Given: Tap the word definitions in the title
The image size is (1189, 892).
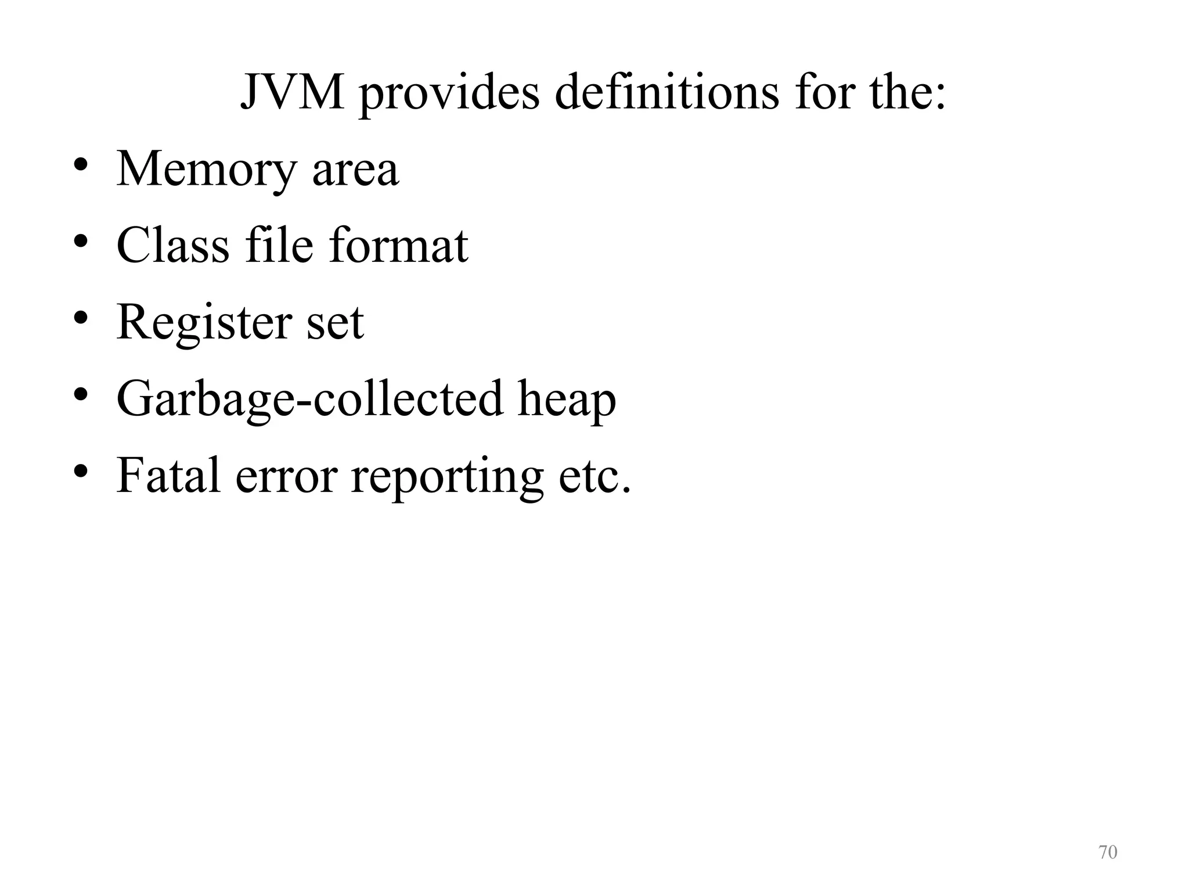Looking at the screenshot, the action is click(x=667, y=93).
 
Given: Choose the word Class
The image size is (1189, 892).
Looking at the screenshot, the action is click(x=173, y=245).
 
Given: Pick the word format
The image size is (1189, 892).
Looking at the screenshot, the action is click(x=398, y=245).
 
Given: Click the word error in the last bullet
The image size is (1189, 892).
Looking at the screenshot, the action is click(x=286, y=476).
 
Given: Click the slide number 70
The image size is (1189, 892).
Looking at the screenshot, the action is click(x=1108, y=852).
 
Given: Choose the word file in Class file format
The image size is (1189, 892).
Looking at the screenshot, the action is click(x=279, y=245).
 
